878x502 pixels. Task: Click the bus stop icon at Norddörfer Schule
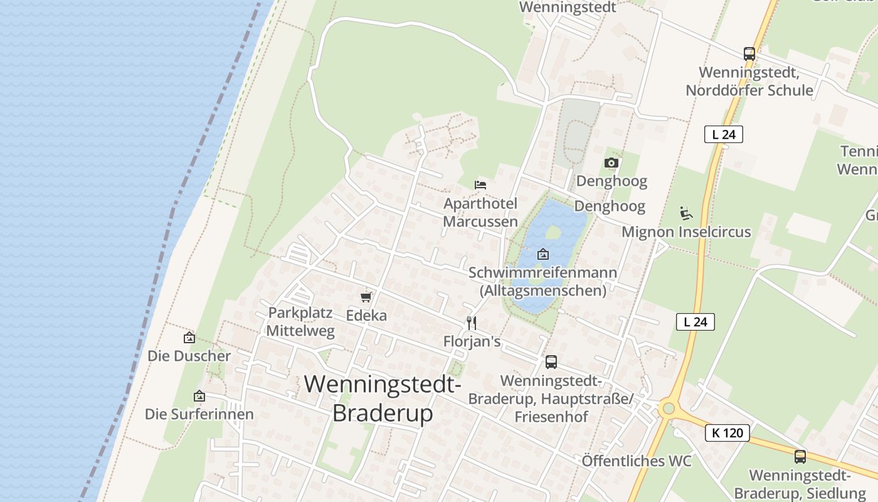(749, 53)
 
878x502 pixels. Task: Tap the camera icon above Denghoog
(611, 163)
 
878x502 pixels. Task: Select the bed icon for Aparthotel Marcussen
(480, 184)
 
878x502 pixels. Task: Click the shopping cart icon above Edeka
(366, 296)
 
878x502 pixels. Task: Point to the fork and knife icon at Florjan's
(472, 323)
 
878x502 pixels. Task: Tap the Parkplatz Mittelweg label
(301, 322)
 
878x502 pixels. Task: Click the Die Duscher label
(189, 356)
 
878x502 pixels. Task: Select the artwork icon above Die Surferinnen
(199, 396)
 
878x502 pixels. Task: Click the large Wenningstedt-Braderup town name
(383, 398)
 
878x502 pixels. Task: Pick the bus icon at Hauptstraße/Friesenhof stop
(551, 361)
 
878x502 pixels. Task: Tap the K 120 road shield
(727, 433)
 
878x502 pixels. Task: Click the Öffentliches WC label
(637, 461)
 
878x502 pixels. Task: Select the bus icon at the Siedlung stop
(800, 456)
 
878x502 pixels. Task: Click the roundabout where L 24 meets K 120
(669, 409)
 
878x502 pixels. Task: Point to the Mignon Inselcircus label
(686, 232)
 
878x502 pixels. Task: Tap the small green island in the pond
(553, 233)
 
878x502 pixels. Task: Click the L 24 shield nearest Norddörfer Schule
(724, 134)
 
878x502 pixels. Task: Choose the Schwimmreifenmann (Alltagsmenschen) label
(543, 282)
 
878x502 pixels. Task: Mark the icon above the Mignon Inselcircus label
(686, 213)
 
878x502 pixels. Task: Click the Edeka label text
(366, 315)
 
